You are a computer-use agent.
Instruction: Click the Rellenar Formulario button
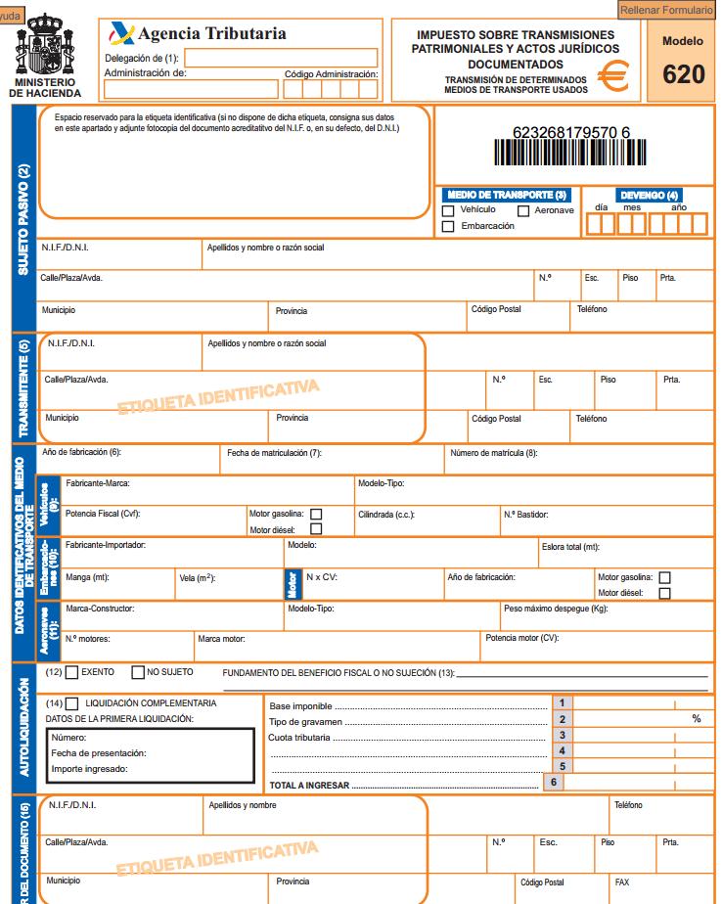coord(668,10)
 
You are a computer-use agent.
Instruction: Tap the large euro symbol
coord(613,75)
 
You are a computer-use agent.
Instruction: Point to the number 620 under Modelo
coord(682,73)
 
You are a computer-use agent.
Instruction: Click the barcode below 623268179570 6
coord(571,156)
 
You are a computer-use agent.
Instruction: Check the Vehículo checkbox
coord(448,210)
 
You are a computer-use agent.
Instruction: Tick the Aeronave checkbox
coord(523,210)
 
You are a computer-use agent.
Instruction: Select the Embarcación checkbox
coord(448,227)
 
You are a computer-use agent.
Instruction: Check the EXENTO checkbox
coord(71,673)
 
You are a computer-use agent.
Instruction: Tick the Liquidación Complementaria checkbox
coord(71,703)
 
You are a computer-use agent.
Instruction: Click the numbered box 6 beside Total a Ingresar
coord(554,782)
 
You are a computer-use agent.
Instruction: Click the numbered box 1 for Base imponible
coord(562,702)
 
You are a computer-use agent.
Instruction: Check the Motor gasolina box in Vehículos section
coord(316,514)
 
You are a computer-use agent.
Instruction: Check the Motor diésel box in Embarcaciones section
coord(665,593)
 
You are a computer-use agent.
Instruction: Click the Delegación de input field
coord(281,58)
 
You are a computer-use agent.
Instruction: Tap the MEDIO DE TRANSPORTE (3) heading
coord(505,196)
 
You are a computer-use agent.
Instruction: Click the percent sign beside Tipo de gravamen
coord(697,719)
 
